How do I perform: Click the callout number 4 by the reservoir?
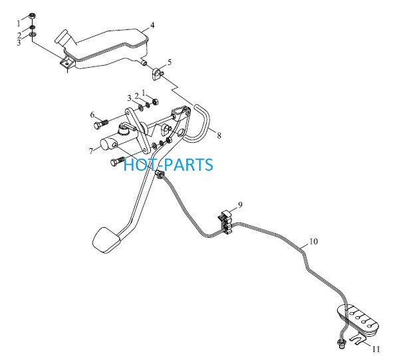152,25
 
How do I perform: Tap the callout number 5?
170,62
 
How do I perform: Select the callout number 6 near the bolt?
92,115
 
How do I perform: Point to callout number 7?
91,151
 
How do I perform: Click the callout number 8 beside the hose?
219,135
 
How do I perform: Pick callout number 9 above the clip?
240,205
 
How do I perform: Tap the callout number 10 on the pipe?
313,242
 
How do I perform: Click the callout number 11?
376,349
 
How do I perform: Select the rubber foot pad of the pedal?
106,240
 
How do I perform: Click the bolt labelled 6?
100,124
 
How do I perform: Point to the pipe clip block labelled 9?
226,222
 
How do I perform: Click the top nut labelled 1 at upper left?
33,16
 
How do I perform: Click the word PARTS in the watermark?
189,165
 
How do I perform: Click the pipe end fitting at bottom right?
340,343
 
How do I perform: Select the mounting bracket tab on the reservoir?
67,62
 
